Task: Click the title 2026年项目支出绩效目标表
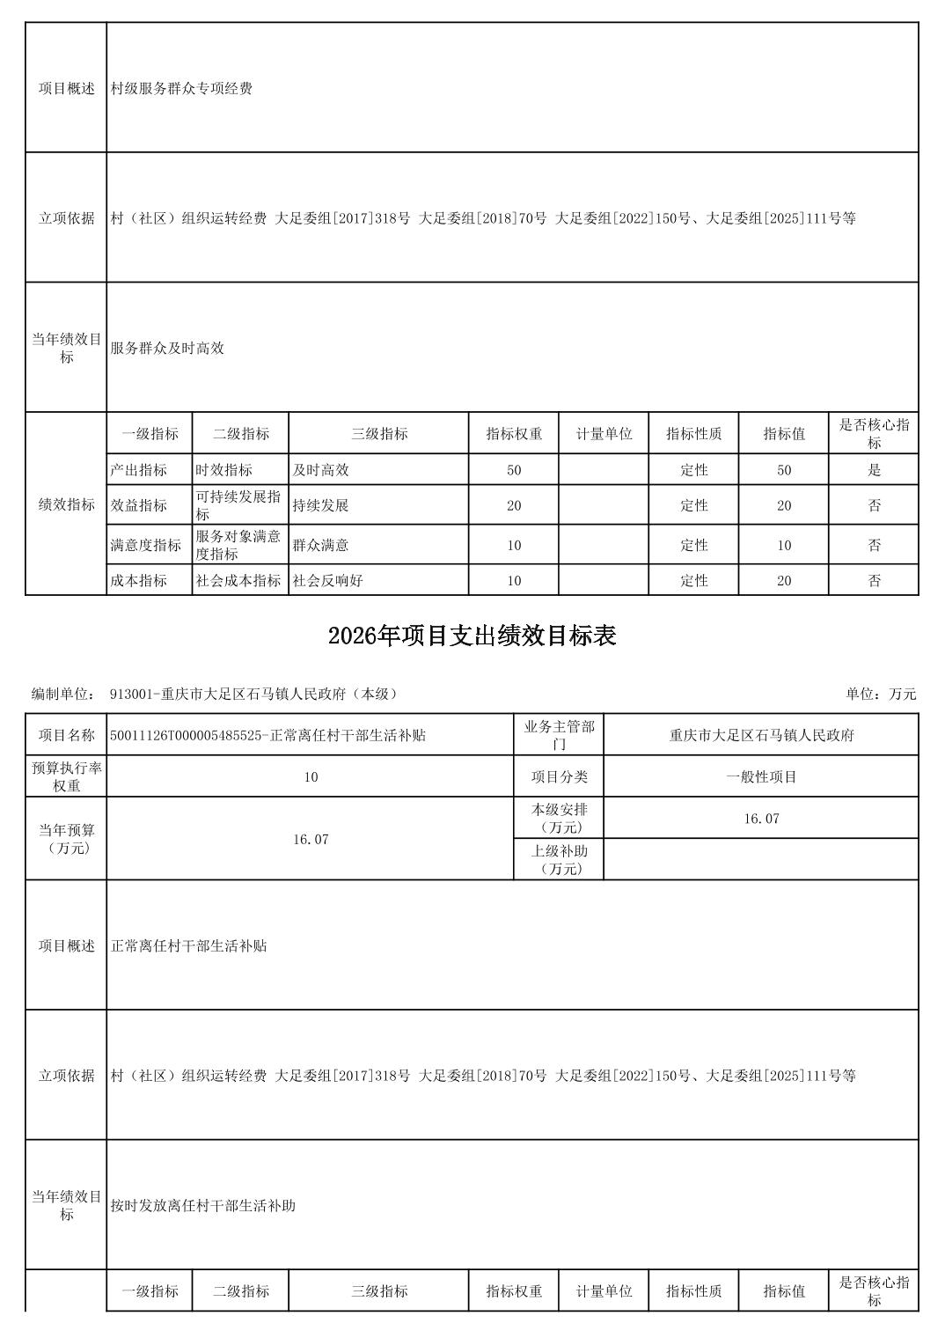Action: (x=472, y=636)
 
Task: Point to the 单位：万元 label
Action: (x=881, y=694)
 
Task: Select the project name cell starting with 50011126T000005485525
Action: (x=267, y=735)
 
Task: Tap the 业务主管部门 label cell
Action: (x=559, y=735)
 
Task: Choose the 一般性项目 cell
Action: (x=761, y=776)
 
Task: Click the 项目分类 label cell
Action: (x=559, y=776)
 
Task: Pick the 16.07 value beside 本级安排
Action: (x=761, y=819)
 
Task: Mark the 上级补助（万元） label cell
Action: (x=559, y=859)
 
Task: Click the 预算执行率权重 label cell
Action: (x=66, y=776)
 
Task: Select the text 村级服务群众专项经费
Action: (x=181, y=88)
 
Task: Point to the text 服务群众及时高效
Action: (x=167, y=348)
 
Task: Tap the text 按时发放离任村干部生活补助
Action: (x=202, y=1205)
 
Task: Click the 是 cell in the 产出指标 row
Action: (x=874, y=470)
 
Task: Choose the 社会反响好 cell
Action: (x=327, y=580)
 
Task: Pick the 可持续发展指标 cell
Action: (x=238, y=505)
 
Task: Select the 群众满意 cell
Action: (x=320, y=545)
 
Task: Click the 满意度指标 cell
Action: (x=146, y=545)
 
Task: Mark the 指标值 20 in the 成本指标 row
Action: (x=783, y=580)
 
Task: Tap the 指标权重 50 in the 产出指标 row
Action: (x=514, y=470)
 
